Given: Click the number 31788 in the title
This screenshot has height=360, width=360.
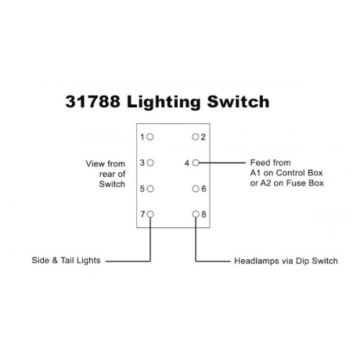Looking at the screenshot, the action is tap(93, 102).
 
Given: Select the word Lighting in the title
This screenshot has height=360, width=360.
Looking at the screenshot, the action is tap(163, 102).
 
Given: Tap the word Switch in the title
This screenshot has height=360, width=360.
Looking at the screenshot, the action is tap(238, 102).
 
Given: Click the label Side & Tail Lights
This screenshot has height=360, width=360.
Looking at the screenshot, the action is tap(66, 261).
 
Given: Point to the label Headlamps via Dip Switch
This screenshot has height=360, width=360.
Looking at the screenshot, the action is tap(286, 261).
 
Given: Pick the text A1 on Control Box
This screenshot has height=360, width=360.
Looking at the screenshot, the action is tap(287, 173).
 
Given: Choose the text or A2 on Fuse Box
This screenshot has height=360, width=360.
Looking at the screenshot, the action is tap(287, 183).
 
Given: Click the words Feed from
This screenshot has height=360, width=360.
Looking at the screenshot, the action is tap(271, 163).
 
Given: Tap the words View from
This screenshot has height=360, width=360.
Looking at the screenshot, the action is tap(106, 164).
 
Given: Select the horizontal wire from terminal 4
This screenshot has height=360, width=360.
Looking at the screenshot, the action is tap(222, 163).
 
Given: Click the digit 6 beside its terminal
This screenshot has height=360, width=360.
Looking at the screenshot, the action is tap(204, 189).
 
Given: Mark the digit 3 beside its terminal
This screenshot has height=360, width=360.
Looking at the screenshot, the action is tap(143, 163).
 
